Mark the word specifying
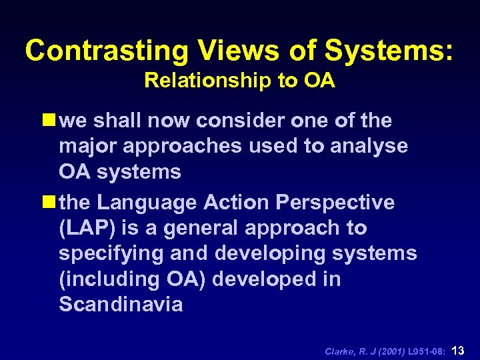(115, 253)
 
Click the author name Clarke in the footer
(339, 349)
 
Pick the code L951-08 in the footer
(423, 349)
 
